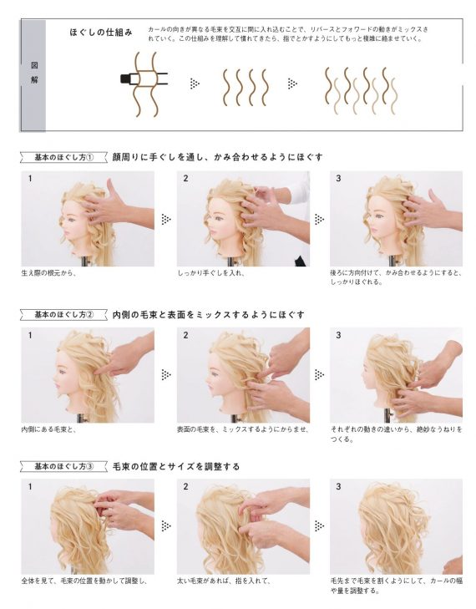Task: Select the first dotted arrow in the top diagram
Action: (x=195, y=83)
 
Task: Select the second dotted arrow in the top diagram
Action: (x=291, y=83)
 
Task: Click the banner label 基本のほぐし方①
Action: (x=64, y=156)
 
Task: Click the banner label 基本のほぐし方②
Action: (x=64, y=315)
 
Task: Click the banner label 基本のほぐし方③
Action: (x=64, y=466)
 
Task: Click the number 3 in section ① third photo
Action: (x=338, y=178)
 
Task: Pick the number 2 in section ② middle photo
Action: (x=185, y=335)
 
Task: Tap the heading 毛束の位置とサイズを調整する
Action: (x=176, y=466)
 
